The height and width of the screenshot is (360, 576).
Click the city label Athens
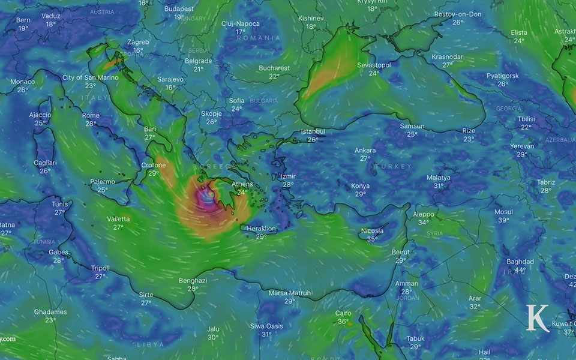pos(243,184)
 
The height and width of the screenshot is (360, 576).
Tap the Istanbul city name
pos(313,131)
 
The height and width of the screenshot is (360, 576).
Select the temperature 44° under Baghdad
pos(520,270)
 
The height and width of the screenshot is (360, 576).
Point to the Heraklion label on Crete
pos(262,229)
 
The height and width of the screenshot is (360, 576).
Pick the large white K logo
pos(538,318)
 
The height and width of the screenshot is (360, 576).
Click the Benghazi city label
pos(193,280)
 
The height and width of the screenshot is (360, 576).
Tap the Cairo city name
pos(343,313)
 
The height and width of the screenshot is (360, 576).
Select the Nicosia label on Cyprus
pos(372,231)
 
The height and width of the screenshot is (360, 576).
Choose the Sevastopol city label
pos(374,65)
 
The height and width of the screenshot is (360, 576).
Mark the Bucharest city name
pos(274,68)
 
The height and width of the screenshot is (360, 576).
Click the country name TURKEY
pos(394,166)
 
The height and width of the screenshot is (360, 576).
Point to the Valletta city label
pos(118,219)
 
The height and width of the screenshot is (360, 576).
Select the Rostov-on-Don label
pos(458,14)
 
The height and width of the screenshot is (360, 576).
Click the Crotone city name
pos(153,165)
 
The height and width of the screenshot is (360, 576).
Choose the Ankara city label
pos(365,151)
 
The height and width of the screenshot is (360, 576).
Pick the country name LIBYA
pos(150,345)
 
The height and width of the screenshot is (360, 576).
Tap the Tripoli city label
pos(100,268)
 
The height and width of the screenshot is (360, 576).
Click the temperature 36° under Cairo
pos(343,322)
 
